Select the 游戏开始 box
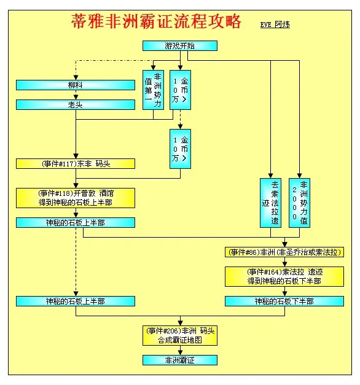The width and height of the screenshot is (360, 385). [x=180, y=46]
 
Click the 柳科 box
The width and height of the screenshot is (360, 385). [x=75, y=85]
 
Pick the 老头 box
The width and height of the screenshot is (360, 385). [x=75, y=104]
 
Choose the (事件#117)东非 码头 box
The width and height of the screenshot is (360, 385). [x=75, y=164]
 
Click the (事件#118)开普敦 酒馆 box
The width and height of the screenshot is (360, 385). [x=75, y=198]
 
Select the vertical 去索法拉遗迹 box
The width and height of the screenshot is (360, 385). [x=270, y=202]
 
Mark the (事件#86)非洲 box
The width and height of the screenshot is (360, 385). [x=284, y=252]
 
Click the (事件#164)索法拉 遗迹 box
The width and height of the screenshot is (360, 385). [x=284, y=276]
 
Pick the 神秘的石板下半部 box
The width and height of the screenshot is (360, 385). [x=284, y=301]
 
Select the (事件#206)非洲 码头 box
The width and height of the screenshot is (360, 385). [x=180, y=335]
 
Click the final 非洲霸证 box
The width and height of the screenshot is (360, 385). [x=180, y=360]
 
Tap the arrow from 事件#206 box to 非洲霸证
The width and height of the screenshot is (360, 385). [x=180, y=350]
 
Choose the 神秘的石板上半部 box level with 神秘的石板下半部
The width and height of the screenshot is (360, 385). [x=75, y=301]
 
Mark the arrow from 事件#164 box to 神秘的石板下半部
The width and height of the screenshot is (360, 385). [x=284, y=291]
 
